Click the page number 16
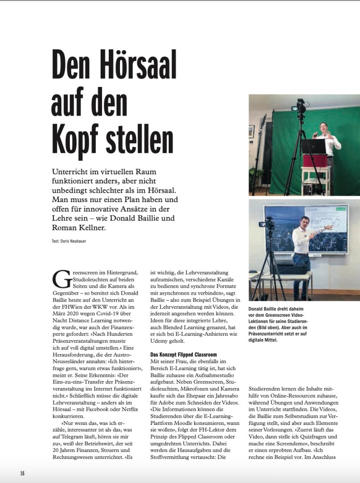(x=22, y=473)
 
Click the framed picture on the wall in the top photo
(x=252, y=131)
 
